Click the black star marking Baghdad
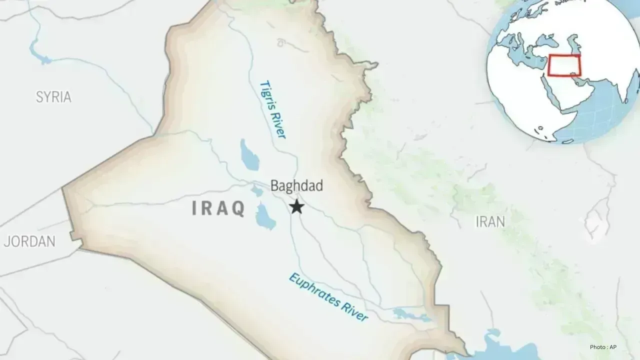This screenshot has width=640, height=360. [297, 206]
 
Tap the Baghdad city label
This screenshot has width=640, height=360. [296, 186]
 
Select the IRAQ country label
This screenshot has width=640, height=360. [218, 208]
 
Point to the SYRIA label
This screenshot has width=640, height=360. [53, 97]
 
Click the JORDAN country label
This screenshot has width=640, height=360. [29, 241]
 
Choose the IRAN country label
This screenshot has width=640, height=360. [490, 221]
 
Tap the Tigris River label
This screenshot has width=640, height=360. [272, 109]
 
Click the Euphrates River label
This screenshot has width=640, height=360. [328, 297]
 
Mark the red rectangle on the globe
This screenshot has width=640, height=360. [564, 65]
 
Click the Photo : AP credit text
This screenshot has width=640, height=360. [606, 347]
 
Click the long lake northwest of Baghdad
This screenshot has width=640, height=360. [249, 155]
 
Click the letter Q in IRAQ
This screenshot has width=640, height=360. [238, 208]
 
